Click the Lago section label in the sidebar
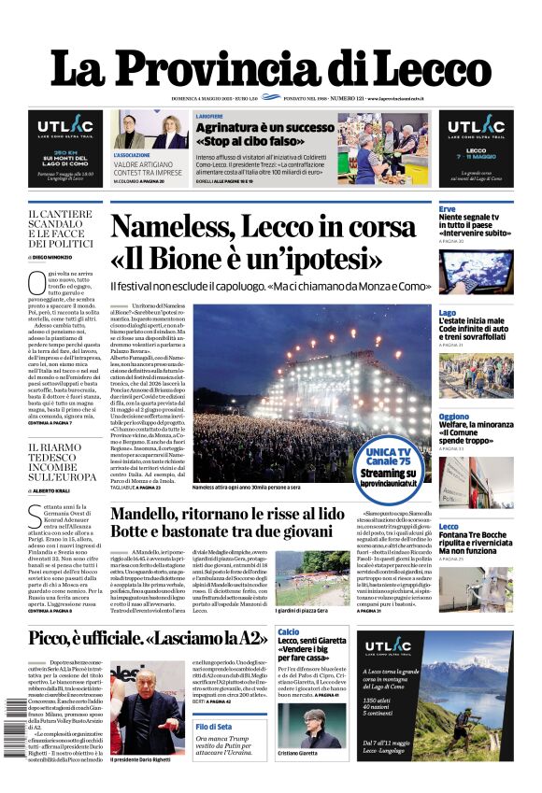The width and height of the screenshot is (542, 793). click(448, 313)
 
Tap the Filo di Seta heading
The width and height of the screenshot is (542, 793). click(214, 726)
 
